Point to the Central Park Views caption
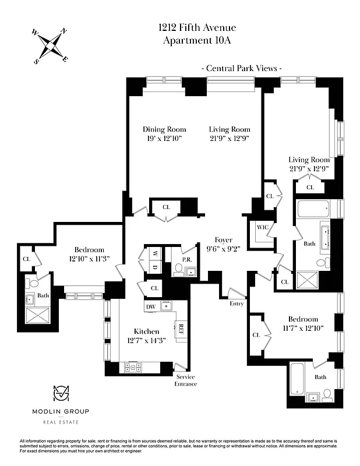pos(242,68)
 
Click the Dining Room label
pos(164,129)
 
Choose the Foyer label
pos(224,239)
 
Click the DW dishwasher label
pos(150,306)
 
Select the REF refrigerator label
pos(181,328)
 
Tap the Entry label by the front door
pos(237,303)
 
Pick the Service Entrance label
pos(186,380)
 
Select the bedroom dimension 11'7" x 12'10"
pos(303,328)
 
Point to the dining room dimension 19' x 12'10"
pos(164,139)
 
